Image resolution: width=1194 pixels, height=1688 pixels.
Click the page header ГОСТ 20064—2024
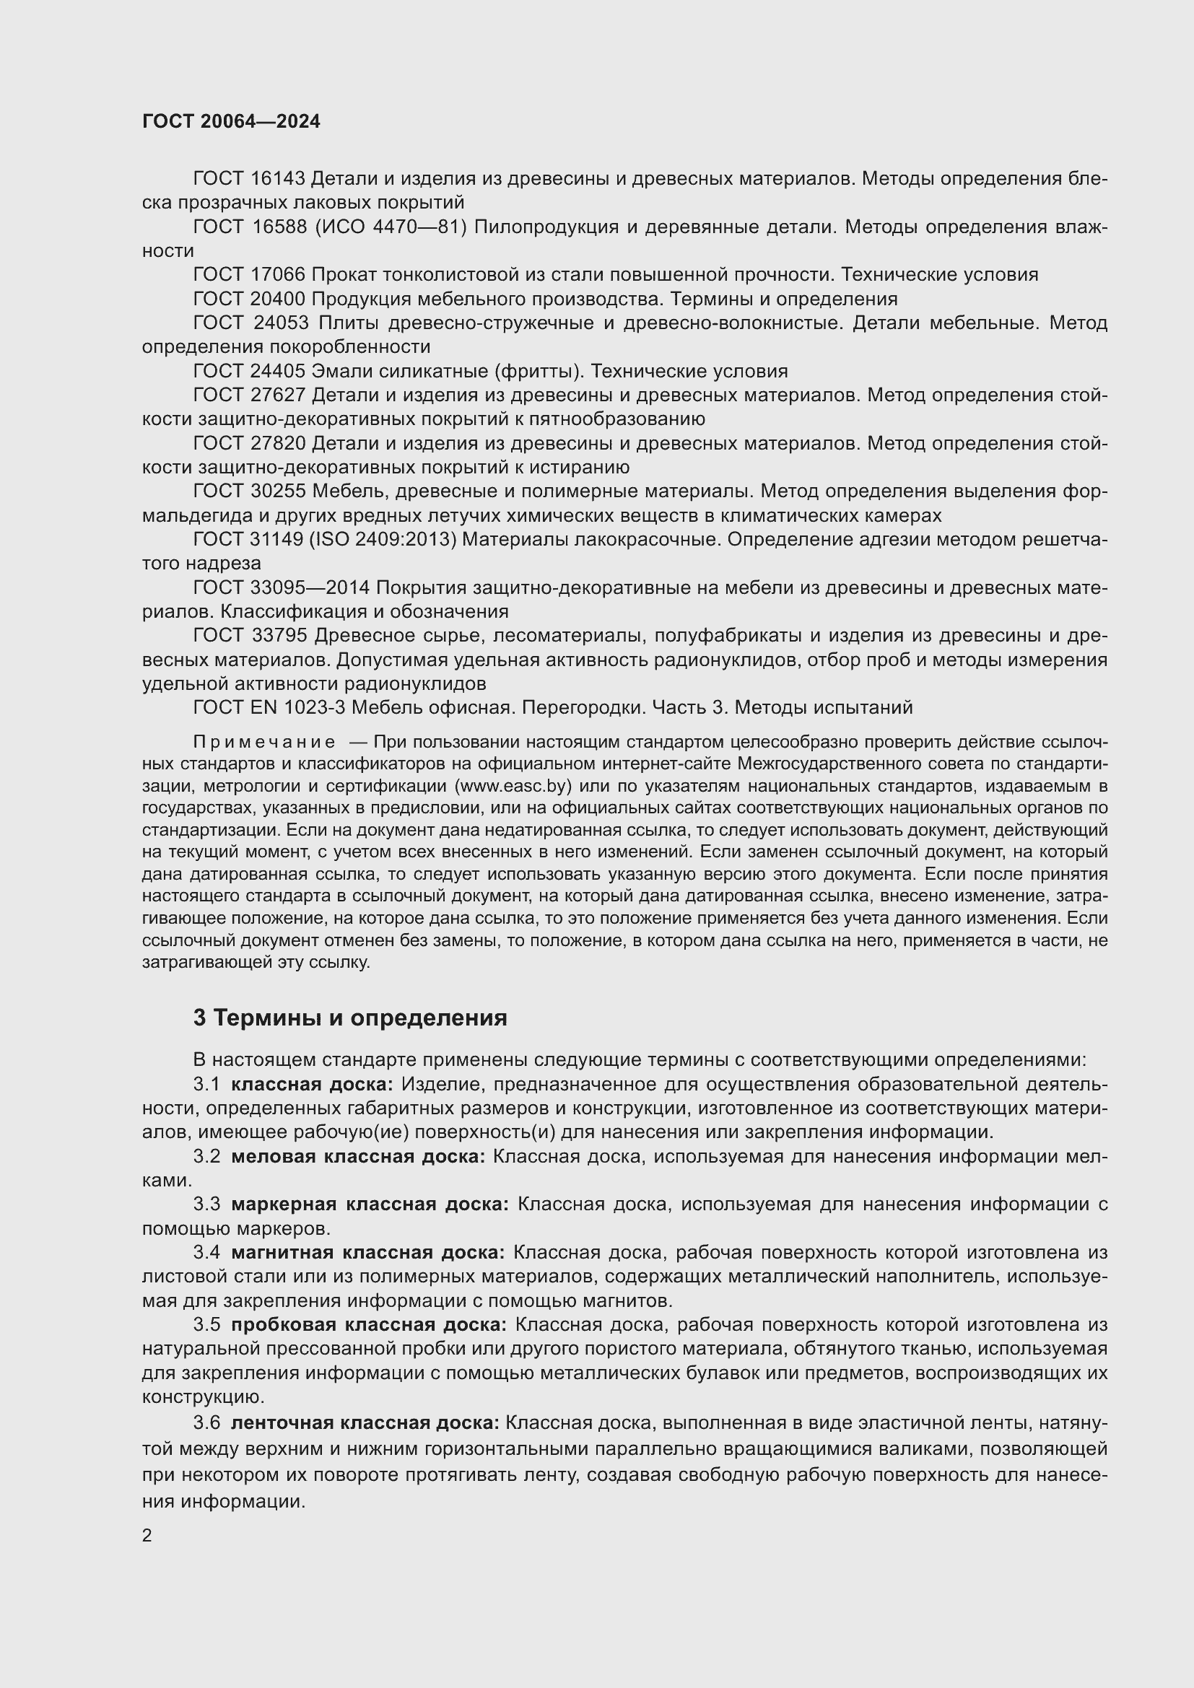231,121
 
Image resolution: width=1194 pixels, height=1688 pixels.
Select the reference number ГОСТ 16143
248,179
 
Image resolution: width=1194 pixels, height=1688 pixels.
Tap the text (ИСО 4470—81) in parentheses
391,227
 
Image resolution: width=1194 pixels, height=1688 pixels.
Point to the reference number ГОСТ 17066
248,275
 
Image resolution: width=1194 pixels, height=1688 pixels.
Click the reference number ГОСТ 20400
248,299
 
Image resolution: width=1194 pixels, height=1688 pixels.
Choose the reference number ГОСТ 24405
248,371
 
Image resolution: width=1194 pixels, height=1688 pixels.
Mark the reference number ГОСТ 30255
248,491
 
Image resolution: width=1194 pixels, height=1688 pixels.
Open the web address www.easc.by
514,786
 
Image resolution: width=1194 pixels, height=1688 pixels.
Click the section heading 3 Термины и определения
350,1018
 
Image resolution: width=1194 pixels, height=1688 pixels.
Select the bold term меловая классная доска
358,1156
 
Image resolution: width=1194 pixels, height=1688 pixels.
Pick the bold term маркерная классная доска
370,1204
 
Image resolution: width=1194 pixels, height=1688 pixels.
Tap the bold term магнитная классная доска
367,1252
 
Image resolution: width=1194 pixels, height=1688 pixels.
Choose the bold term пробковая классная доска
368,1325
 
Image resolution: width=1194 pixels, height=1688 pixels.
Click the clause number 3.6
206,1422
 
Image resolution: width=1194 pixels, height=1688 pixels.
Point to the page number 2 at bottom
147,1536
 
